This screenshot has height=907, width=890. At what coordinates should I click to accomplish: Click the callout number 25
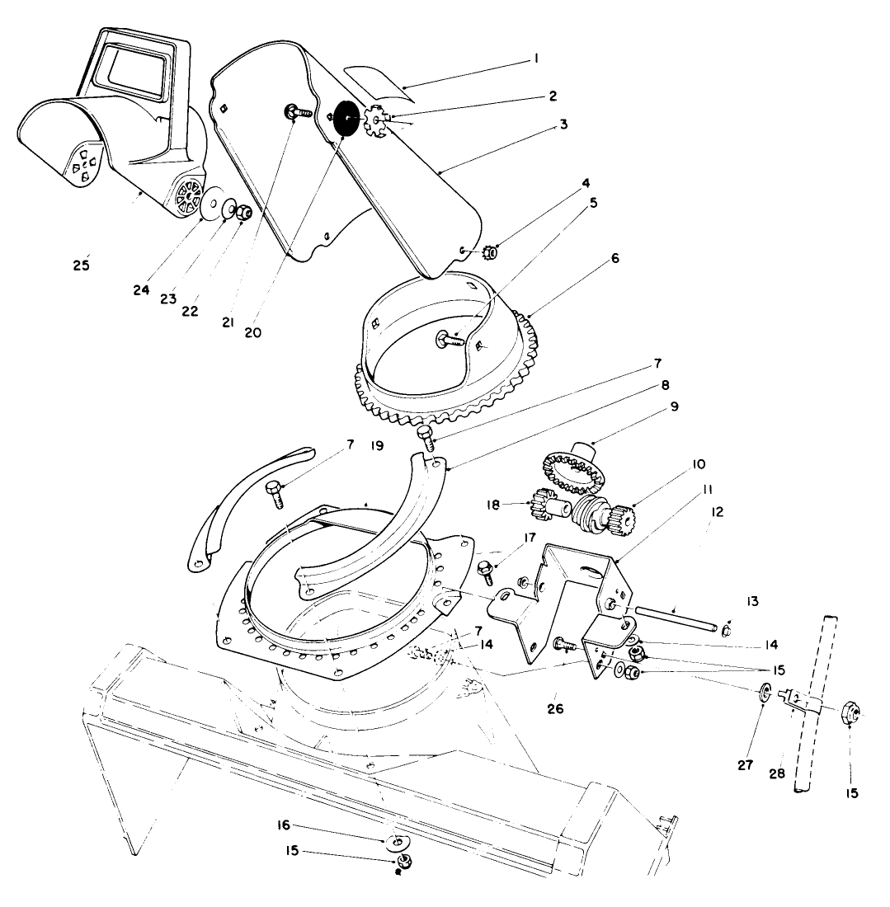click(80, 266)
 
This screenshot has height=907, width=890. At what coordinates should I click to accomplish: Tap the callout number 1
click(535, 59)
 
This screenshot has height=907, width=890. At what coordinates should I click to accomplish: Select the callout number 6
click(614, 258)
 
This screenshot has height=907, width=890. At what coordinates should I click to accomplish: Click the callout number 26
click(555, 707)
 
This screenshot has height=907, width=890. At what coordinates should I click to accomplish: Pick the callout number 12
click(716, 512)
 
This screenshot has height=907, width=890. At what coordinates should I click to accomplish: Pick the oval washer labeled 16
click(396, 842)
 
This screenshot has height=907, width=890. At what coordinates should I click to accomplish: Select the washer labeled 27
click(764, 692)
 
